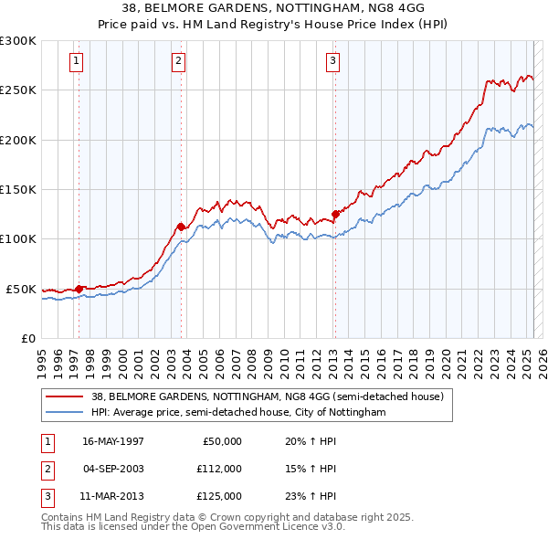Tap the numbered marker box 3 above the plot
332,61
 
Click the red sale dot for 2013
335,215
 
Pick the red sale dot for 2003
182,227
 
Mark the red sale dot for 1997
79,289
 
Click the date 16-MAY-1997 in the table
113,442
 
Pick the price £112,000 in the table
219,470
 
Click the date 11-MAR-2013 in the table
113,497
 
